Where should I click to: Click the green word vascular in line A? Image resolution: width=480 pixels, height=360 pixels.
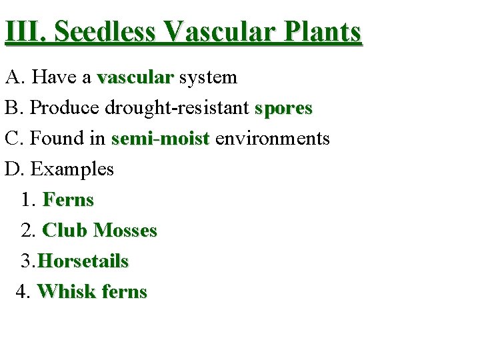click(x=135, y=77)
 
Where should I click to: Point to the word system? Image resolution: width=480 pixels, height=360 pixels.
click(x=208, y=77)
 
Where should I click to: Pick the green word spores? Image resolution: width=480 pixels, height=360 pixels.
click(x=283, y=108)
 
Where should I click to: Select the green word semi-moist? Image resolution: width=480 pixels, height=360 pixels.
click(x=161, y=139)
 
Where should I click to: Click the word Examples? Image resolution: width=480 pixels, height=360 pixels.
click(x=72, y=169)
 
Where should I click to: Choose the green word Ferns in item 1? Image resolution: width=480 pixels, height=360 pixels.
click(x=69, y=200)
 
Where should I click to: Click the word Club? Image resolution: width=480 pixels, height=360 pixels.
click(x=65, y=231)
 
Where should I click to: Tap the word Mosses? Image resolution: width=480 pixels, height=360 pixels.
click(x=125, y=231)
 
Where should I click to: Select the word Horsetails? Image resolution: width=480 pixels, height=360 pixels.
click(x=83, y=261)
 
